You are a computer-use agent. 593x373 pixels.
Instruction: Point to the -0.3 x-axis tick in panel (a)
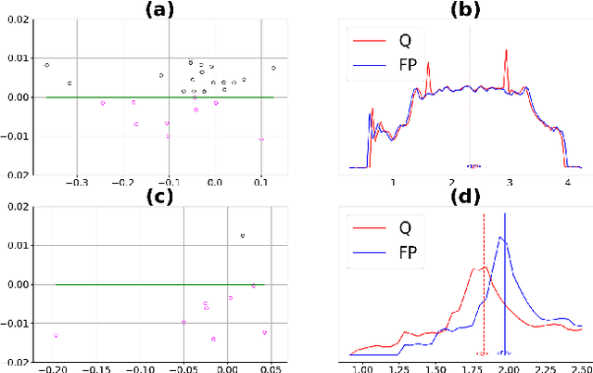tap(76, 183)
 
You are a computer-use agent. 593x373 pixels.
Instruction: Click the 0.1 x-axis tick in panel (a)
tap(260, 183)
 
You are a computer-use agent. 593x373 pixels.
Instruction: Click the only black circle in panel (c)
tap(243, 236)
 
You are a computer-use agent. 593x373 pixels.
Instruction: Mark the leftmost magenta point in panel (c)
tap(56, 336)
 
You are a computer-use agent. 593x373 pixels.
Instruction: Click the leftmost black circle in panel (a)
tap(47, 65)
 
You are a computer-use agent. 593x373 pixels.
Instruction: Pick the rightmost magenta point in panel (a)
tap(261, 140)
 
